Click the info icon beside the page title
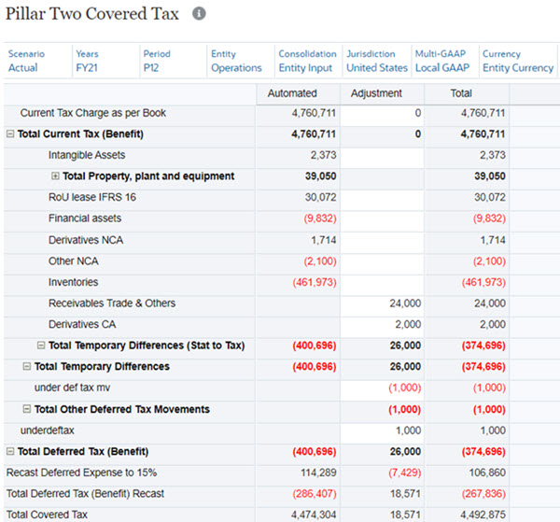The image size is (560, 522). [x=199, y=14]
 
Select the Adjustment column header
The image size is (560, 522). [x=376, y=93]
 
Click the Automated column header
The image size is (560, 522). [x=292, y=93]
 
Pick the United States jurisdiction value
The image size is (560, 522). [x=376, y=68]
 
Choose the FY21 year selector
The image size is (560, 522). [x=87, y=68]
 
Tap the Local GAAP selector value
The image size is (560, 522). [x=441, y=68]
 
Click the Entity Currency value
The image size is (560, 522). [x=518, y=68]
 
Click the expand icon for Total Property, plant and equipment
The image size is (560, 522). [x=55, y=176]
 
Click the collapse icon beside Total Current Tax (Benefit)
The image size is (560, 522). [x=10, y=134]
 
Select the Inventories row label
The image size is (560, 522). [x=73, y=282]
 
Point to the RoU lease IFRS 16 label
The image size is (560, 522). [x=91, y=198]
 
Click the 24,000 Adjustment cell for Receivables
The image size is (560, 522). [x=405, y=303]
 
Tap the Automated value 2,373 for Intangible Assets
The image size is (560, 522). [x=323, y=155]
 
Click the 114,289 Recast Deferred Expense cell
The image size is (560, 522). [x=316, y=473]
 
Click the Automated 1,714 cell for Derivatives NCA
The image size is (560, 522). [x=323, y=240]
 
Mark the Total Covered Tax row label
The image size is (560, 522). [x=47, y=515]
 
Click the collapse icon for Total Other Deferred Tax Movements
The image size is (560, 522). [x=26, y=410]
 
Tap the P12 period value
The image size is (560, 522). [x=152, y=68]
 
